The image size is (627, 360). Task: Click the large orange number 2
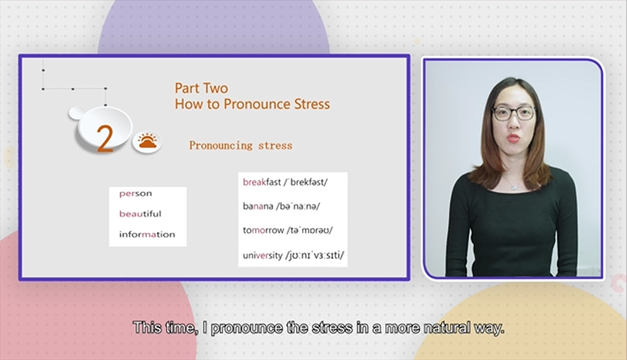[105, 139]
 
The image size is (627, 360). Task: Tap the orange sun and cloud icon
[147, 142]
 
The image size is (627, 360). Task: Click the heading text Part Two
[201, 88]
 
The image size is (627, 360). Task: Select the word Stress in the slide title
[312, 104]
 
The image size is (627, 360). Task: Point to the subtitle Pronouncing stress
[241, 146]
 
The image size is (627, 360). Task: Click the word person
[135, 194]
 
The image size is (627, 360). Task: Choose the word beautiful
[140, 214]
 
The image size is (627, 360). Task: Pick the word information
[147, 234]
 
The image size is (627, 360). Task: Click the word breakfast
[262, 182]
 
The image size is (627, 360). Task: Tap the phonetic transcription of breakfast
[305, 182]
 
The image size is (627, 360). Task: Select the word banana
[258, 206]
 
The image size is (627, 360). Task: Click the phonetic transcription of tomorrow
[310, 230]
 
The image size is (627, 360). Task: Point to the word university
[262, 255]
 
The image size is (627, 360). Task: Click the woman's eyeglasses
[514, 114]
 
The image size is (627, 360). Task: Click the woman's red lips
[514, 138]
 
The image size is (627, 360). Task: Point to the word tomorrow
[263, 230]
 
